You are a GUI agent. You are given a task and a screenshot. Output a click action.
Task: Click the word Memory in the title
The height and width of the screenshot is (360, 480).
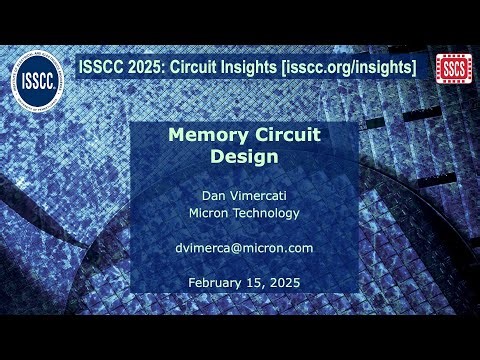(201, 135)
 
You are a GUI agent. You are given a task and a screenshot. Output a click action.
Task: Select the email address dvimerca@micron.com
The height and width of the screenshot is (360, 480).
(239, 247)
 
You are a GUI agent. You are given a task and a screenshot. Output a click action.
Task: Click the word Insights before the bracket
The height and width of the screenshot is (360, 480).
(246, 67)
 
